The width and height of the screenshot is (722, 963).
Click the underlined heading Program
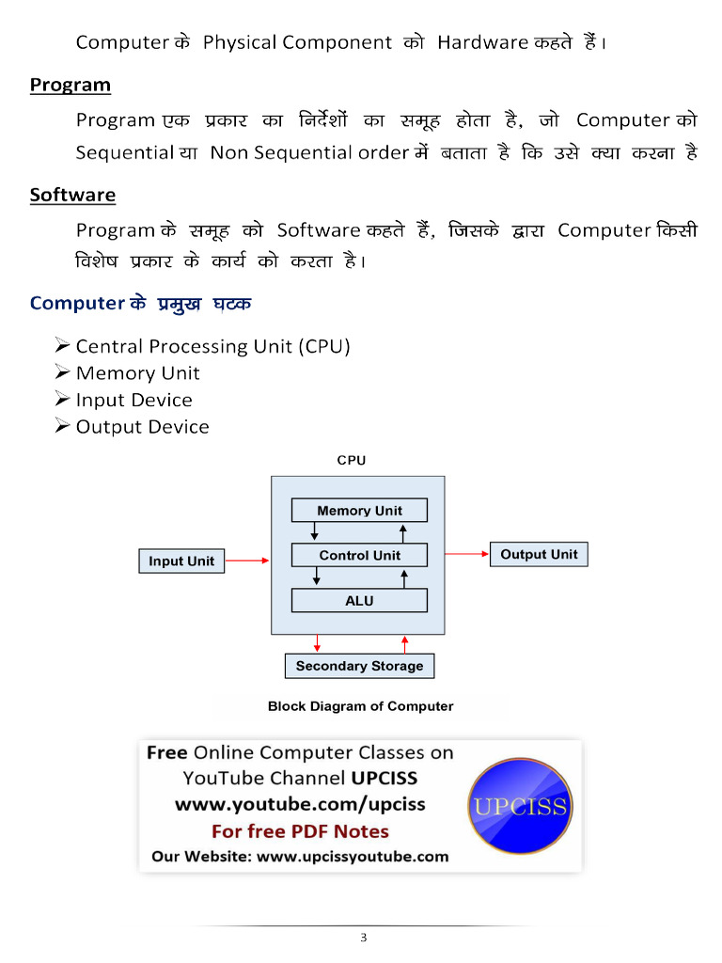coord(71,86)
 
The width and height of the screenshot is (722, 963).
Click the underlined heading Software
coord(72,195)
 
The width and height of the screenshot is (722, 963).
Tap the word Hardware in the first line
coord(482,42)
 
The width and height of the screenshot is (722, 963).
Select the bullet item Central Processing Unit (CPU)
coord(212,346)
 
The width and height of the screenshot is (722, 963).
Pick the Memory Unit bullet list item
coord(137,373)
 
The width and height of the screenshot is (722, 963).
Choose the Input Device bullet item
coord(133,401)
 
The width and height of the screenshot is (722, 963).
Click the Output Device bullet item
coord(143,427)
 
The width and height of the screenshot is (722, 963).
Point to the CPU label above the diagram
coord(352,460)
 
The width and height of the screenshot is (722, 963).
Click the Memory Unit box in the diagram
coord(359,511)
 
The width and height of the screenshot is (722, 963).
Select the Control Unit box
coord(359,555)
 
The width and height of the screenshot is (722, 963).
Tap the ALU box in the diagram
coord(359,601)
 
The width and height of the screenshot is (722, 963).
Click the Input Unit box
coord(181,561)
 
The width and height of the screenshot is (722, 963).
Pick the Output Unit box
coord(539,555)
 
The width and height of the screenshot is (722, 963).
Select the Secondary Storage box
coord(359,667)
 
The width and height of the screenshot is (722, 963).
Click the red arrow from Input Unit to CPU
coord(247,560)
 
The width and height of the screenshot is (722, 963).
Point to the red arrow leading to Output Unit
coord(466,554)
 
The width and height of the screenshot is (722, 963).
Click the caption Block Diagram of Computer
coord(360,706)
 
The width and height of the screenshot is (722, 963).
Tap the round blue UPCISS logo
coord(521,806)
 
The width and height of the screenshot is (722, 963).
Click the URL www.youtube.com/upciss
coord(300,805)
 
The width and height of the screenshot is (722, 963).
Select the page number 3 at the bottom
coord(364,938)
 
